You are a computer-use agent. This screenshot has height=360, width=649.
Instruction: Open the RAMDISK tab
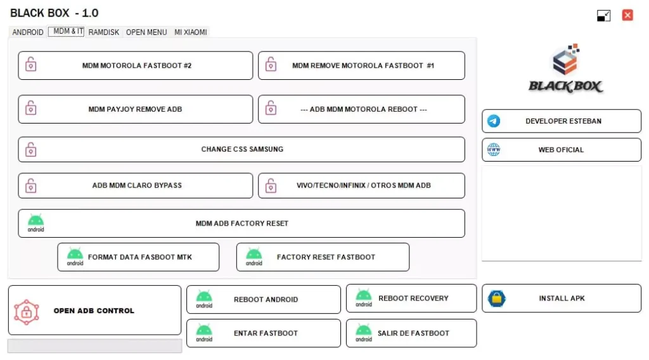point(103,32)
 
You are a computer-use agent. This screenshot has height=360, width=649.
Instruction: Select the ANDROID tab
point(28,32)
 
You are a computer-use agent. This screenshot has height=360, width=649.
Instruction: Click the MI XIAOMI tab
point(191,32)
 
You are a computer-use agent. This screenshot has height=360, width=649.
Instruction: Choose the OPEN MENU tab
point(146,32)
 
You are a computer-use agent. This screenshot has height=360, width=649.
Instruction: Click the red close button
point(627,15)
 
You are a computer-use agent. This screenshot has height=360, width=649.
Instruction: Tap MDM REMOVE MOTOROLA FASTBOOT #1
point(361,65)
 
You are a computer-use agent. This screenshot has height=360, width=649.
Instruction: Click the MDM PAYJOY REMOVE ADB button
point(135,109)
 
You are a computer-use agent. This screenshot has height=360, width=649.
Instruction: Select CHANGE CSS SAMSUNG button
point(241,150)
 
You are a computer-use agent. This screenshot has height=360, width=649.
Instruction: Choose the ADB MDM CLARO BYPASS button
point(135,186)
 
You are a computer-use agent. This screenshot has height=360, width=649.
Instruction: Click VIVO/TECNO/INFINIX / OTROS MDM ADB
point(361,186)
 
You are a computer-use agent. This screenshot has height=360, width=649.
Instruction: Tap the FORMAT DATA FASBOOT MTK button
point(138,257)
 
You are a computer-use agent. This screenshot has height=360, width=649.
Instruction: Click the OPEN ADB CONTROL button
point(94,311)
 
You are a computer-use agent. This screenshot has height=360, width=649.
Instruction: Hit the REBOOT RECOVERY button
point(411,299)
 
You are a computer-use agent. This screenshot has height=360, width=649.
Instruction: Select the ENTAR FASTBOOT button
point(264,333)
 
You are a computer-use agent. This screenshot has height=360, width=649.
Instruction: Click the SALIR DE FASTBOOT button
point(411,333)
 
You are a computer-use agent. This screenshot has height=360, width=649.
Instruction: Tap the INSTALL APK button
point(562,299)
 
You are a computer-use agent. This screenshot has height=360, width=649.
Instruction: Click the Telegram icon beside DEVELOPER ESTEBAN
point(494,121)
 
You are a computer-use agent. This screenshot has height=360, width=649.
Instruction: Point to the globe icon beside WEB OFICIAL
point(494,150)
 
